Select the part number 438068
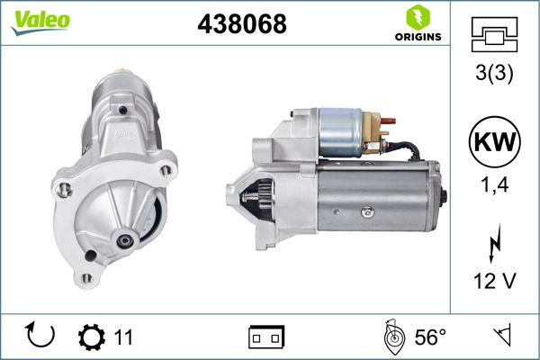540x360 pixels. point(241,24)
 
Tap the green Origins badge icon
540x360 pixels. point(417,15)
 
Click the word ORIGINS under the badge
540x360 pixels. point(417,37)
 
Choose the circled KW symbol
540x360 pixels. point(494,141)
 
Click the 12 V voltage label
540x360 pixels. point(494,282)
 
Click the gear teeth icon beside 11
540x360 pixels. point(92,337)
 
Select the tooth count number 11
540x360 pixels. point(123,337)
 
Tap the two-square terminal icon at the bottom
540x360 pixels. point(266,337)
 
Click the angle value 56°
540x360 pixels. point(430,337)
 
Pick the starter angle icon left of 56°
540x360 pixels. point(393,337)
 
